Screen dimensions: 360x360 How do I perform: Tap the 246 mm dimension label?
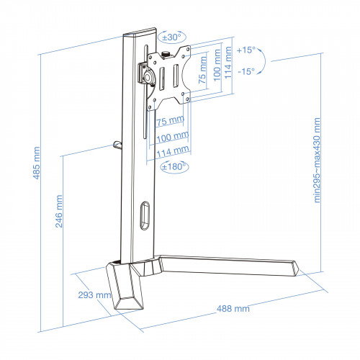pos(59,210)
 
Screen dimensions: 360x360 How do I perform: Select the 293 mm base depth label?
pos(93,295)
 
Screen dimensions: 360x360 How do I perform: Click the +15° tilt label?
pos(246,51)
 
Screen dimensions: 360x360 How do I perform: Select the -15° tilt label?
pos(246,71)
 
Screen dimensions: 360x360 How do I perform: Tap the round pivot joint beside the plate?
pos(148,75)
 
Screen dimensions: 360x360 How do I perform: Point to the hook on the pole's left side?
pos(117,145)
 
